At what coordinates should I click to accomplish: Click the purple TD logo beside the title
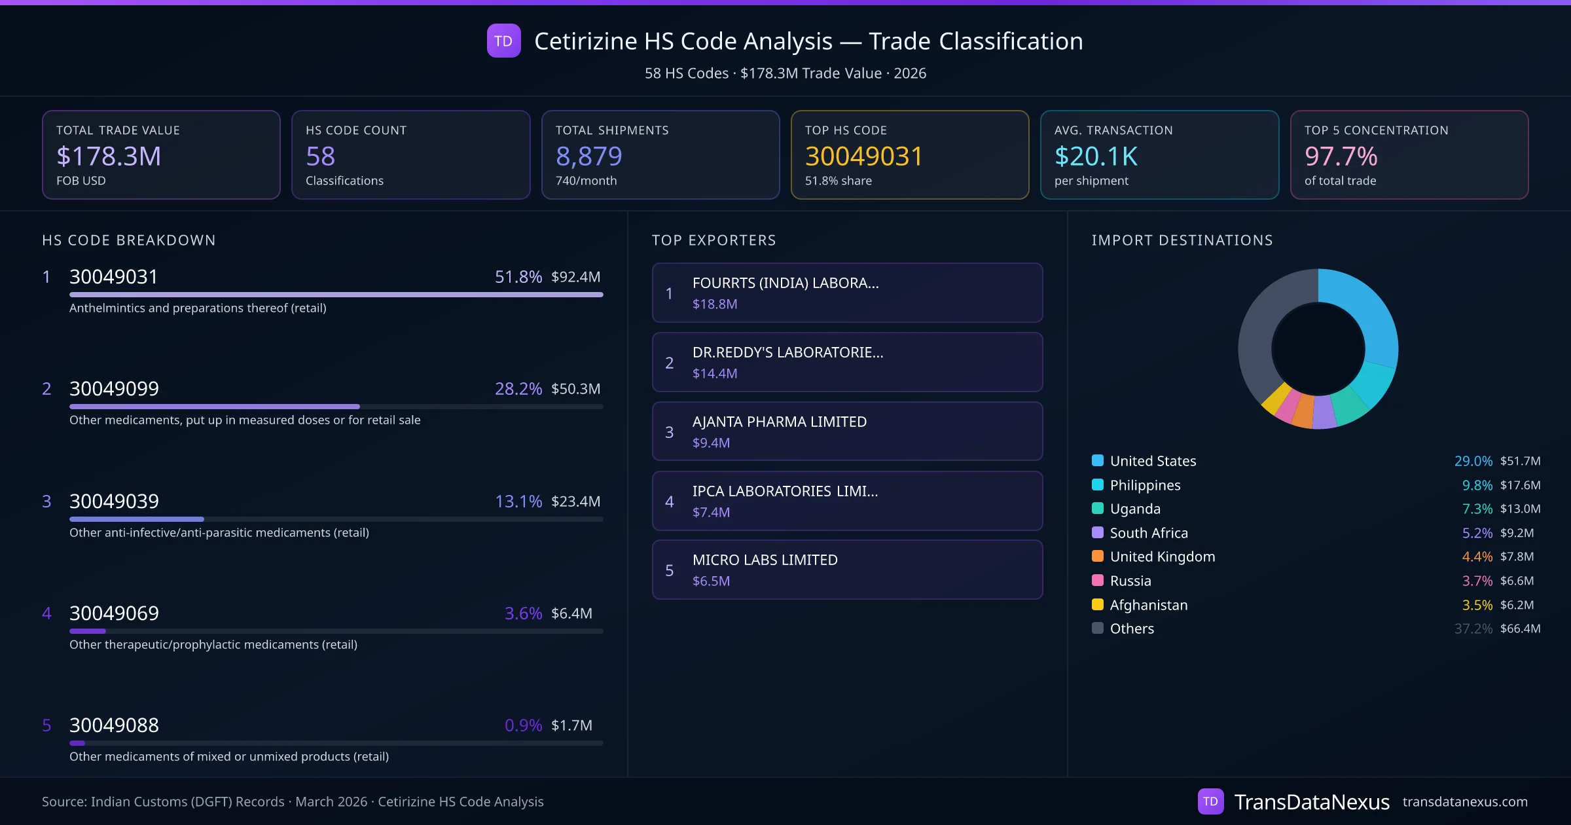click(503, 41)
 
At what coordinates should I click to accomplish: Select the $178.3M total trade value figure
click(109, 156)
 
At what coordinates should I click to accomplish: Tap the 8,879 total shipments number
click(588, 156)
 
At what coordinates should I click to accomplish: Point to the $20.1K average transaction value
click(1096, 156)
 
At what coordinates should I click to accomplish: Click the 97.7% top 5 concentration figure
click(1341, 156)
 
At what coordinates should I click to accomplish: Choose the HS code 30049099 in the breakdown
click(114, 389)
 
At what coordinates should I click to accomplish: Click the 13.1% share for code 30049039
click(518, 502)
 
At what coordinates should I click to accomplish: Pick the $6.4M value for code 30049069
click(571, 614)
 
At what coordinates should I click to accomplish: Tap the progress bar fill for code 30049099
click(215, 407)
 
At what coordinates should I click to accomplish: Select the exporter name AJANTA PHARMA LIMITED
click(779, 422)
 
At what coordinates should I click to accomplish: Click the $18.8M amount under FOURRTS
click(715, 304)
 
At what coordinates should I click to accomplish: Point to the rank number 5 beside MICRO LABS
click(669, 570)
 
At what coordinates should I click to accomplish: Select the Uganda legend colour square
click(1098, 509)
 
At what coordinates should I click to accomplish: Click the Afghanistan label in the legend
click(1148, 605)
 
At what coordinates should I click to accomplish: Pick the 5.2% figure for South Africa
click(1477, 533)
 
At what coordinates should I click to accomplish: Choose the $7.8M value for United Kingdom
click(1517, 557)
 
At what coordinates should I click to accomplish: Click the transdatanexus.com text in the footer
click(1464, 801)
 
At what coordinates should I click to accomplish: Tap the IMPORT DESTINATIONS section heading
click(1182, 240)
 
